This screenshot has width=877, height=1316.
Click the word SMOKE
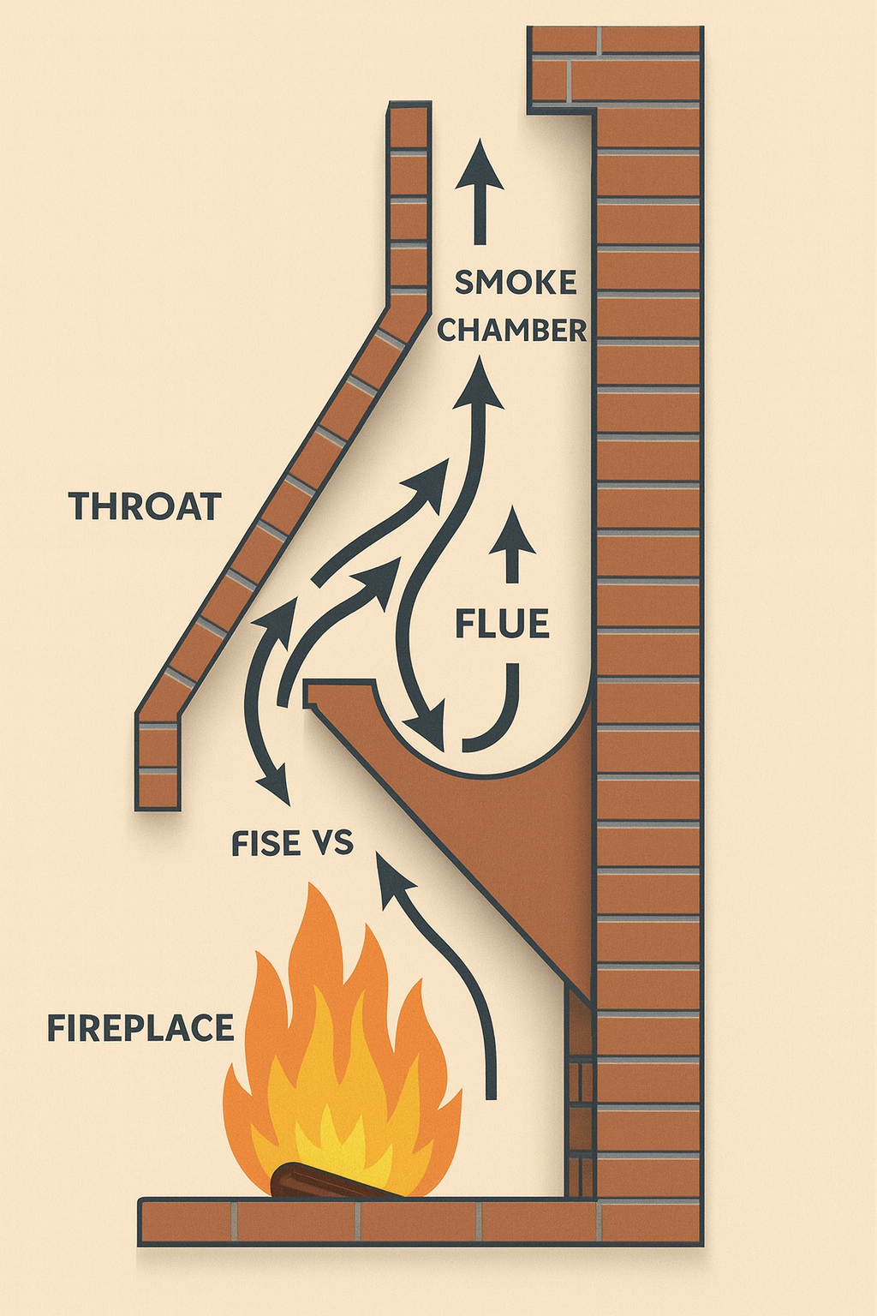[516, 283]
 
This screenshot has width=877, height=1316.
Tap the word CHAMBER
[512, 330]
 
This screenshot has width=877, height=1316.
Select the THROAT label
[145, 506]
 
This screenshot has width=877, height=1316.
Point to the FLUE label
[502, 625]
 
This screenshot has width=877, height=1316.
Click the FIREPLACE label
[140, 1027]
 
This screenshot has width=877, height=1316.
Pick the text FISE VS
[292, 844]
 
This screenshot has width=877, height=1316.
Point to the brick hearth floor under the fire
[368, 1222]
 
